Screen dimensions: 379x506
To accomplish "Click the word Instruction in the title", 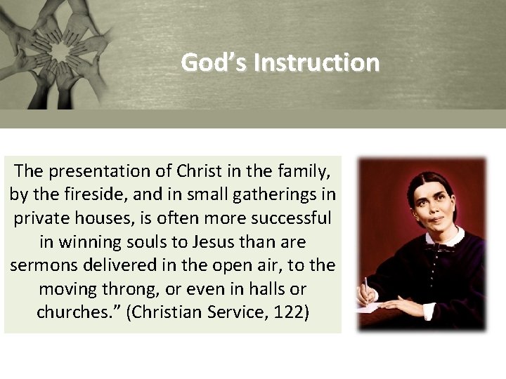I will (x=316, y=63).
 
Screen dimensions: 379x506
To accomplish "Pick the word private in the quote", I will (x=39, y=218).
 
